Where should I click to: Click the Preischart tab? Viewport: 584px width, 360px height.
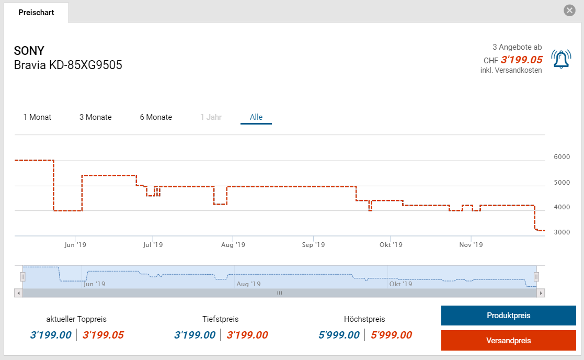(36, 13)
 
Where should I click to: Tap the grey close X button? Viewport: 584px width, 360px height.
(569, 10)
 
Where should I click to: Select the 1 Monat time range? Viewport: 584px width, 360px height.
(37, 117)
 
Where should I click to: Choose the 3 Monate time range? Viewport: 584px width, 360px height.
(96, 117)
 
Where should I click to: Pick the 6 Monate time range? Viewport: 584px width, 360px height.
(156, 117)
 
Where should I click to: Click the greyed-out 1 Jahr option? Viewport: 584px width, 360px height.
(211, 117)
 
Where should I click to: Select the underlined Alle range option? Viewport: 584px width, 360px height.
(256, 117)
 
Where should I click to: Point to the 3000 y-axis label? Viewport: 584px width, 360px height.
(562, 232)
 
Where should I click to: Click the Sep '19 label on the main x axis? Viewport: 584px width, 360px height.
(313, 245)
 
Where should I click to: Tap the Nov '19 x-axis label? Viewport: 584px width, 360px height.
(471, 245)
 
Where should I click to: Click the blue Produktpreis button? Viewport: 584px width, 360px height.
(508, 316)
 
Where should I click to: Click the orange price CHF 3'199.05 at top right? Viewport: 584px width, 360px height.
(521, 60)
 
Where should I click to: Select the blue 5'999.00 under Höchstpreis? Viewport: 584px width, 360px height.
(339, 335)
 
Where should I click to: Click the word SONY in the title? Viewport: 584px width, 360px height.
(29, 51)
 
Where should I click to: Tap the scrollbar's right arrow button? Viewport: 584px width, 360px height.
(541, 293)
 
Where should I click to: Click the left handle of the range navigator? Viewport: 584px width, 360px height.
(22, 276)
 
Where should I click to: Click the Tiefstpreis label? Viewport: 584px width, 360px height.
(220, 319)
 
